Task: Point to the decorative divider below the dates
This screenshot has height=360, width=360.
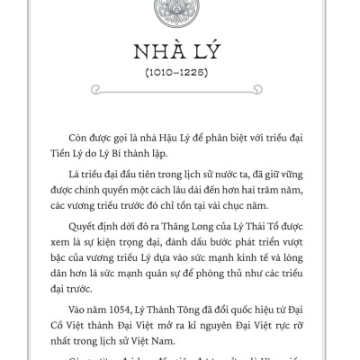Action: [180, 90]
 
